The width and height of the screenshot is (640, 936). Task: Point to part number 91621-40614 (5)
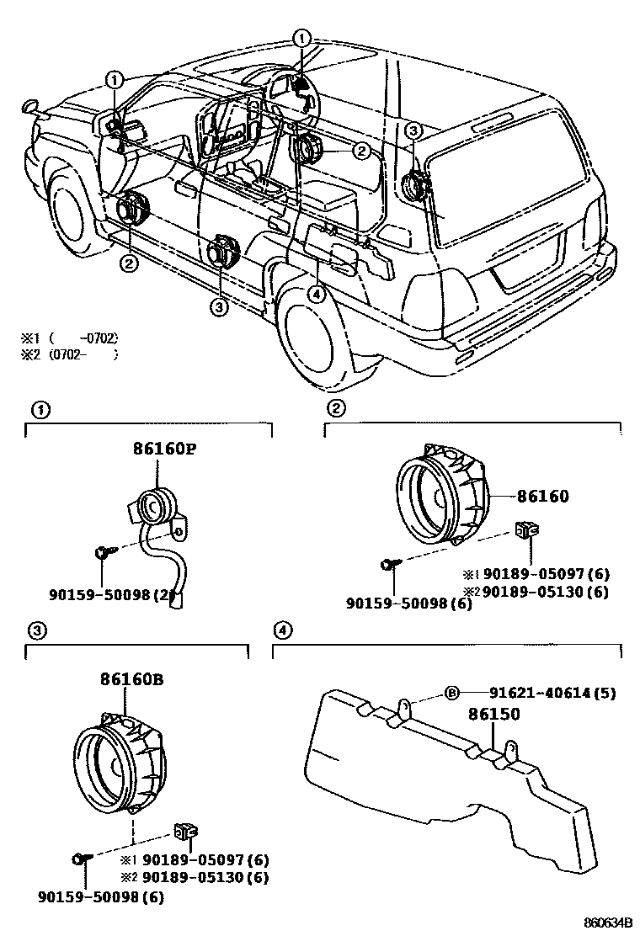pyautogui.click(x=552, y=694)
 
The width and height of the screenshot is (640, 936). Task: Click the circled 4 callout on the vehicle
pyautogui.click(x=316, y=294)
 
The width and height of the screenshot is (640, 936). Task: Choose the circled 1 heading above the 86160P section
pyautogui.click(x=39, y=410)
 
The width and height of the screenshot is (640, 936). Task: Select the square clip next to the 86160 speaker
pyautogui.click(x=528, y=530)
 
